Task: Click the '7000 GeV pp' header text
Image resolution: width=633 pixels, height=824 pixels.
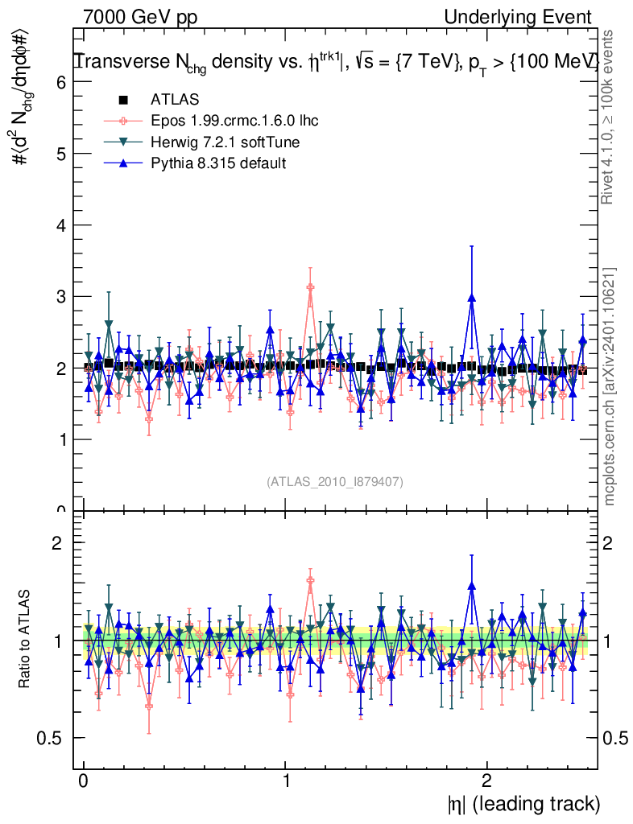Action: tap(140, 17)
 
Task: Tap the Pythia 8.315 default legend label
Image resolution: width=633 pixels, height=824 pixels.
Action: tap(218, 163)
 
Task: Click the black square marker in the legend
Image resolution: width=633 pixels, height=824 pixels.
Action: tap(123, 101)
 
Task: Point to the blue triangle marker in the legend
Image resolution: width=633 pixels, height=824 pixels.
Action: tap(123, 163)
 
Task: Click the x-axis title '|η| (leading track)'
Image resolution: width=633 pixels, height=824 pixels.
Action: tap(523, 804)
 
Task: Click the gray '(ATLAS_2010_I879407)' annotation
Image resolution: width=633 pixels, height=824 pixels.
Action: tap(335, 482)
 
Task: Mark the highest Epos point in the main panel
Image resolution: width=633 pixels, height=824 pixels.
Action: tap(310, 287)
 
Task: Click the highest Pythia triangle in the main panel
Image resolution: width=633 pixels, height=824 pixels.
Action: tap(472, 298)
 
